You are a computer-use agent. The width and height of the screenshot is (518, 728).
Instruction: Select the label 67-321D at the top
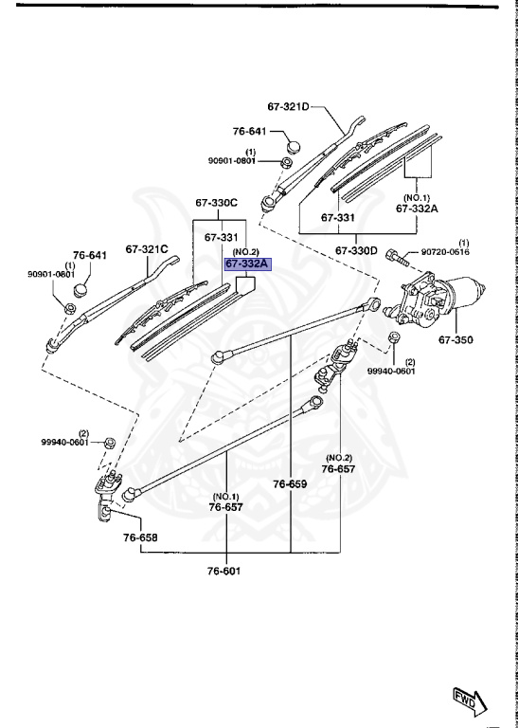(x=289, y=107)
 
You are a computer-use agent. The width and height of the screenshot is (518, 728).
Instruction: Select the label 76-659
(x=291, y=483)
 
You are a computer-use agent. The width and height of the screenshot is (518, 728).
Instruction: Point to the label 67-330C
(x=217, y=203)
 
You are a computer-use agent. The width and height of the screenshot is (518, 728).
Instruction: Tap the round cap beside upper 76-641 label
(x=292, y=146)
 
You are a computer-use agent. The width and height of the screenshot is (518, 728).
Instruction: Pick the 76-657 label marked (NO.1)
(x=226, y=507)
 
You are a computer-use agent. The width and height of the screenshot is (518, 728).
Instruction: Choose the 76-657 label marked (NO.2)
(x=338, y=468)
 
